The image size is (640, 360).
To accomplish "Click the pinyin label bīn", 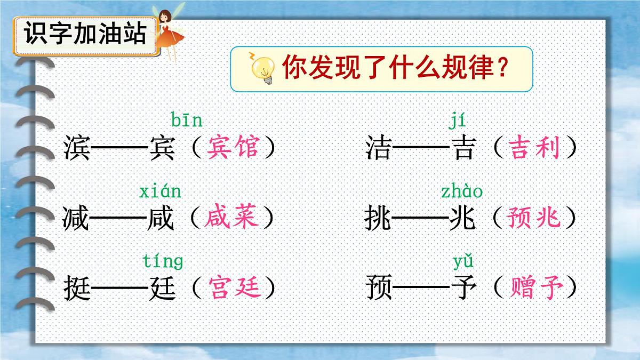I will tap(187, 121).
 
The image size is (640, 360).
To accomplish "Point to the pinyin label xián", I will tap(160, 191).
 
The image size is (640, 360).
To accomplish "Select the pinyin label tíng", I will tap(163, 262).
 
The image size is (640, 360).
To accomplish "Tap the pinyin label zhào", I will tap(461, 191).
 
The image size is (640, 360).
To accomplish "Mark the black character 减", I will tap(77, 218).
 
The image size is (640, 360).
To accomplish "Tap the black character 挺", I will tap(78, 288).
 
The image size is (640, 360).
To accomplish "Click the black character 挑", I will tap(378, 218).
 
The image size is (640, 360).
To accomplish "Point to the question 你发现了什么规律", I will tap(394, 68).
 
